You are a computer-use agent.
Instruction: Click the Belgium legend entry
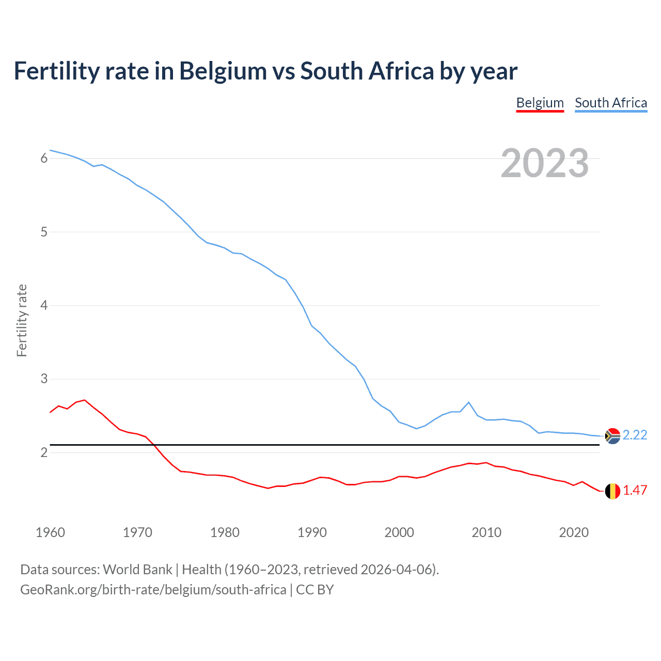click(540, 103)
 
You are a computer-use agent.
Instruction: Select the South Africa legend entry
click(611, 103)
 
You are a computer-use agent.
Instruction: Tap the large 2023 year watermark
click(545, 163)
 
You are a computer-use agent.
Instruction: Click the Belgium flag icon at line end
click(612, 491)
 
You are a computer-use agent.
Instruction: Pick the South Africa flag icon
click(612, 436)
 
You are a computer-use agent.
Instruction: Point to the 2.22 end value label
click(635, 435)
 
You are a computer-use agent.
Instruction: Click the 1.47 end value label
click(635, 491)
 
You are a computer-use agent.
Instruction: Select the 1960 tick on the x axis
click(50, 532)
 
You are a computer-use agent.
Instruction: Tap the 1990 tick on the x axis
click(312, 532)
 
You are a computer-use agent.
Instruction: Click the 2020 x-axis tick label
click(574, 532)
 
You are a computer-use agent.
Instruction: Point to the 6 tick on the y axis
click(44, 159)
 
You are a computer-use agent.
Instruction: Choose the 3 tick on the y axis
click(44, 379)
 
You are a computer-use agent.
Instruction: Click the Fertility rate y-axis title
click(22, 320)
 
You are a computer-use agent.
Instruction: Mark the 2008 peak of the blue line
click(469, 402)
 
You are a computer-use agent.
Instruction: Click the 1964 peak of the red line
click(85, 400)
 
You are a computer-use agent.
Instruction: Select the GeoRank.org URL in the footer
click(153, 590)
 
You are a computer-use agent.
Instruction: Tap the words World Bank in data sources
click(137, 570)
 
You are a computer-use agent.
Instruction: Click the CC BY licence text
click(314, 590)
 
